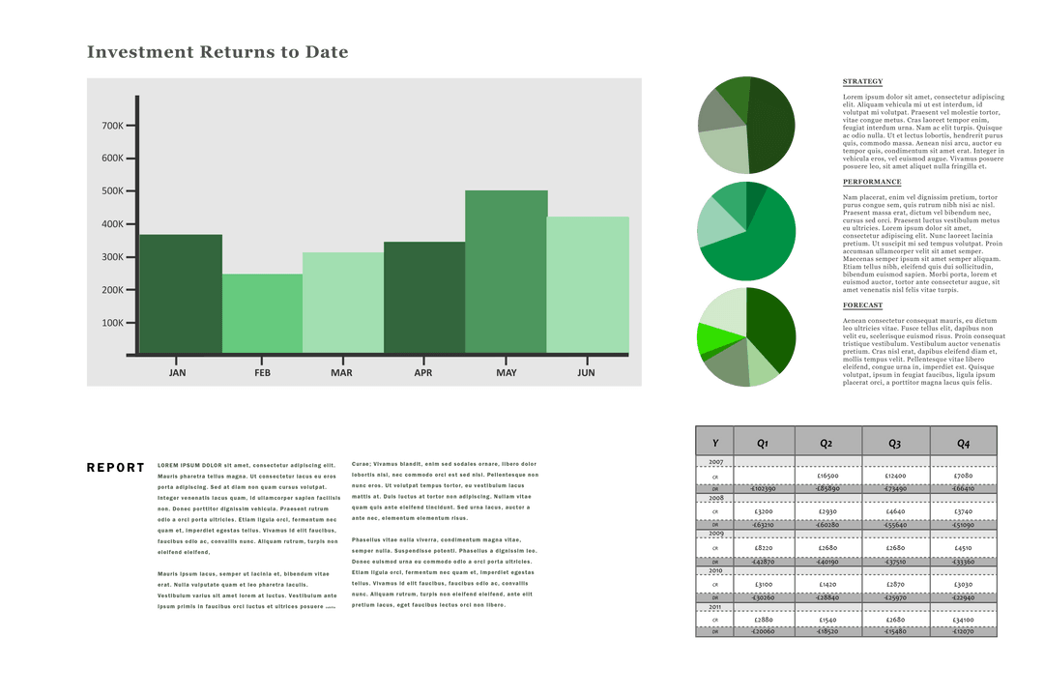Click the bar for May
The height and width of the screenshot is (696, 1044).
coord(506,272)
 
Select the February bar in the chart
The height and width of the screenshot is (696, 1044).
coord(262,314)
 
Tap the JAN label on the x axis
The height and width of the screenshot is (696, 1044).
coord(178,372)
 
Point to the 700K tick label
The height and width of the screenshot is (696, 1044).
coord(112,126)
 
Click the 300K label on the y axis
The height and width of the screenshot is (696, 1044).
coord(112,257)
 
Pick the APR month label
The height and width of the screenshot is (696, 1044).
coord(422,372)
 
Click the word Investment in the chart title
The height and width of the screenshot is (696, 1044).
coord(139,52)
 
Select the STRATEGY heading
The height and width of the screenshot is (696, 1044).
coord(862,81)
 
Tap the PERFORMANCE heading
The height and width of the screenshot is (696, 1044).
coord(872,182)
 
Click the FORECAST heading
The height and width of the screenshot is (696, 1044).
coord(862,304)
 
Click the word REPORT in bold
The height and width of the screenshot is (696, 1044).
coord(115,468)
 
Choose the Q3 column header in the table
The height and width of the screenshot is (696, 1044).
coord(894,443)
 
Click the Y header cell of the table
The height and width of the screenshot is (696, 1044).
coord(714,443)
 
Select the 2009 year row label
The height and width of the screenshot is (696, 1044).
coord(715,534)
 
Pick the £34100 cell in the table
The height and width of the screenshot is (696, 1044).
coord(963,620)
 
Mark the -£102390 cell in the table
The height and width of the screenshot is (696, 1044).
coord(763,489)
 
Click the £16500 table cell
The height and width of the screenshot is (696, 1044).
coord(826,477)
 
